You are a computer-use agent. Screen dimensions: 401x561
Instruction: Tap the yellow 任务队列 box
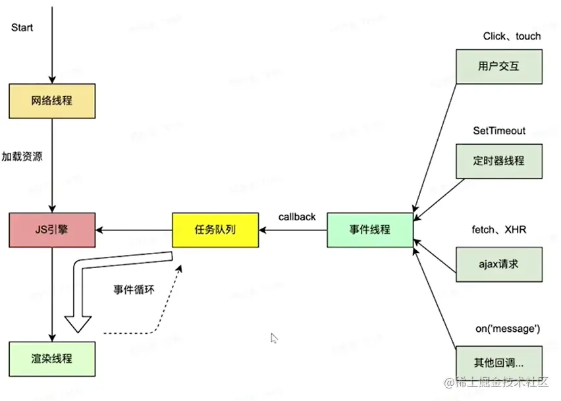coord(215,230)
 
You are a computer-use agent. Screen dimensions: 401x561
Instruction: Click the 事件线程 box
coord(369,230)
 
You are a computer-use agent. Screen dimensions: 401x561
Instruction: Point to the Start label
coord(22,28)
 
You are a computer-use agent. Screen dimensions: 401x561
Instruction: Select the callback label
coord(297,217)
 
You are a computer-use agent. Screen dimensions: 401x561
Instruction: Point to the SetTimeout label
coord(499,130)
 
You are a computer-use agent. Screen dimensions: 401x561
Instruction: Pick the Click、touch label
coord(512,36)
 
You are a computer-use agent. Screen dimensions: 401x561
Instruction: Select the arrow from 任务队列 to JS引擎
coord(134,230)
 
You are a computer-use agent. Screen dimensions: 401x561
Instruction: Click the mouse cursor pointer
coord(274,338)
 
